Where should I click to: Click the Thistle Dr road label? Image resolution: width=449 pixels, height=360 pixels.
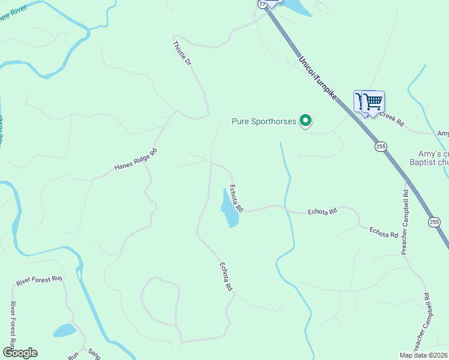(x=181, y=53)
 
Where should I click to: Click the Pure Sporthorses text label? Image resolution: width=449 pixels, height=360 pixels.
(x=264, y=122)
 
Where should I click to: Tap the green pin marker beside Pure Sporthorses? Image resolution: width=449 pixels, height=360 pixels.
(x=306, y=121)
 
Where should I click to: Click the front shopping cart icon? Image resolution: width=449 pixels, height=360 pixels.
(x=373, y=102)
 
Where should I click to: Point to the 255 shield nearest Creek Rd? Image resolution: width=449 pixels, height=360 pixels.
(x=381, y=146)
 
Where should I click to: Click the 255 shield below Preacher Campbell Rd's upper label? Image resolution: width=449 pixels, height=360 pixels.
(x=434, y=222)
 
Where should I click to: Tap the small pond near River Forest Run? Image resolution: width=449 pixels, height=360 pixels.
(x=64, y=330)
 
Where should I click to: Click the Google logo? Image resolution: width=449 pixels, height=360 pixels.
(x=19, y=353)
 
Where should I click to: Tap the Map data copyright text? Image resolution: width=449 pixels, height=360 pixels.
(x=423, y=355)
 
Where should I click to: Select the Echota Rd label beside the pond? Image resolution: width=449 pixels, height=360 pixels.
(x=236, y=199)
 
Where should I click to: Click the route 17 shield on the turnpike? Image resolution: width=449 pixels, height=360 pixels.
(x=262, y=3)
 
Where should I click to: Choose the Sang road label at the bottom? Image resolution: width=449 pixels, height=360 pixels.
(x=94, y=355)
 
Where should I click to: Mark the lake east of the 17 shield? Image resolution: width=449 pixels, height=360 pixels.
(x=295, y=7)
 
